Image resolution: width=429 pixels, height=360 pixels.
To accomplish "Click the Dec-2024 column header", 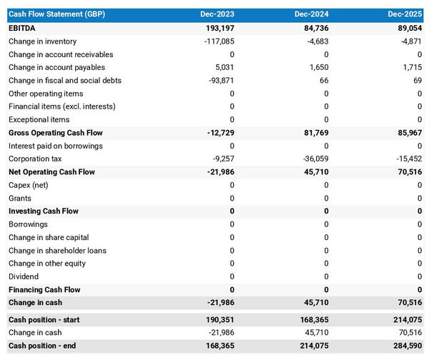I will click(x=311, y=14).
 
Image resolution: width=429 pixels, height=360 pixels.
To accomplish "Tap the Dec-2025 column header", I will click(x=405, y=14).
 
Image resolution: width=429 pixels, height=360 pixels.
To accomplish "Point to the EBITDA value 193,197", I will click(x=219, y=28).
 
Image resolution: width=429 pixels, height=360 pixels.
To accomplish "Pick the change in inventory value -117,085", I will click(x=217, y=41).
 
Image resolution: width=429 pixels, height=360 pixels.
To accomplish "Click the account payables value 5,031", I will click(x=224, y=67).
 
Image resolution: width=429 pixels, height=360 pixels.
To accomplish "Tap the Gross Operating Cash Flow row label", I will click(x=56, y=133).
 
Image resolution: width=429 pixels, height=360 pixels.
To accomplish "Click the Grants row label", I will click(x=20, y=198).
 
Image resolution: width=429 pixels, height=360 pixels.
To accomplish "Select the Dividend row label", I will click(x=24, y=276).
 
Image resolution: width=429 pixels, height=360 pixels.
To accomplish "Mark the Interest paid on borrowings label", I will click(x=56, y=146).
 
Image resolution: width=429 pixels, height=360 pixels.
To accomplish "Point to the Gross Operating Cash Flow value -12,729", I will click(x=219, y=133).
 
